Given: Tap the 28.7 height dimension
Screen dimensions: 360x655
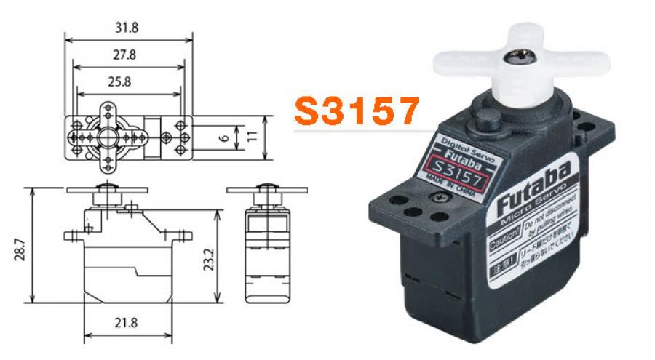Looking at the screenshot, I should [21, 244].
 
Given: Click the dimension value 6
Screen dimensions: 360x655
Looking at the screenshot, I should [226, 136].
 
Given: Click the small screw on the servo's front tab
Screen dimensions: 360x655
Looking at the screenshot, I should [440, 197].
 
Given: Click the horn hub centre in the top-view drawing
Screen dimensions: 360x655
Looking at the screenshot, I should [106, 136].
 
